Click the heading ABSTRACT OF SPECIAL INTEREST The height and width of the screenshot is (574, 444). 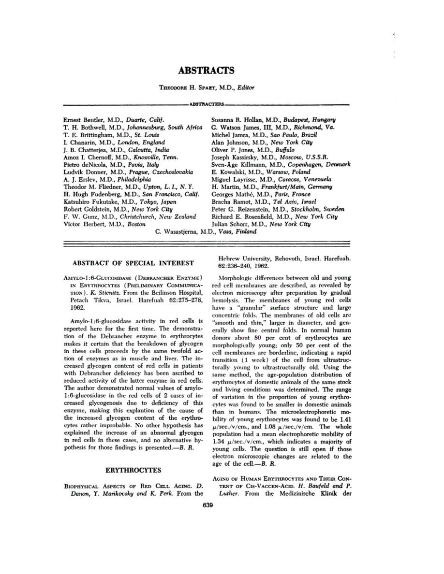pos(133,263)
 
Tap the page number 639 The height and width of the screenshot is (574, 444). pos(206,505)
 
